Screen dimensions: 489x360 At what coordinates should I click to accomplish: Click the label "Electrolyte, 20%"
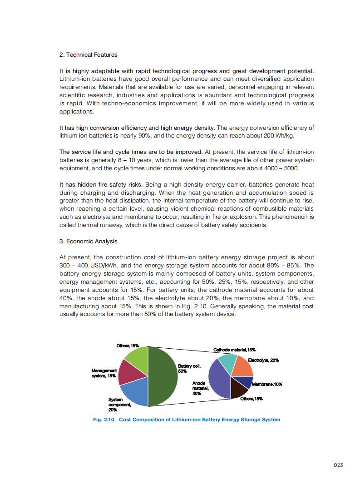(263, 360)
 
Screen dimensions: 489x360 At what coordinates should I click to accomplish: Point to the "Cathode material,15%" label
(234, 350)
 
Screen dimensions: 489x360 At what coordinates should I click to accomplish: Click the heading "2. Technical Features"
(89, 54)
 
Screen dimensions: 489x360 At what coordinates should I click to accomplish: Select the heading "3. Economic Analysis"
(89, 241)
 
